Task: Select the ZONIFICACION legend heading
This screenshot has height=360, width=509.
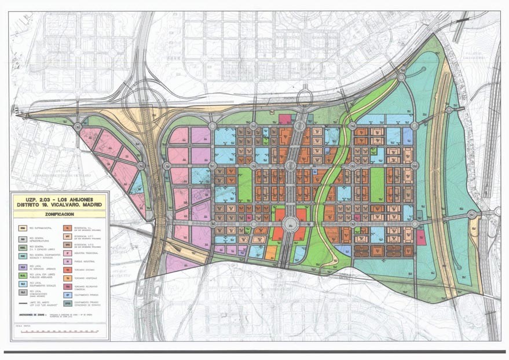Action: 59,214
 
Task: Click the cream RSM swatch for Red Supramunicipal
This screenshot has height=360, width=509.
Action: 23,228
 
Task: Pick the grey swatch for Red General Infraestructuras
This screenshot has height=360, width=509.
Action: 23,237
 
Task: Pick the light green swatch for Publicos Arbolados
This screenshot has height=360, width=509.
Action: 23,275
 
